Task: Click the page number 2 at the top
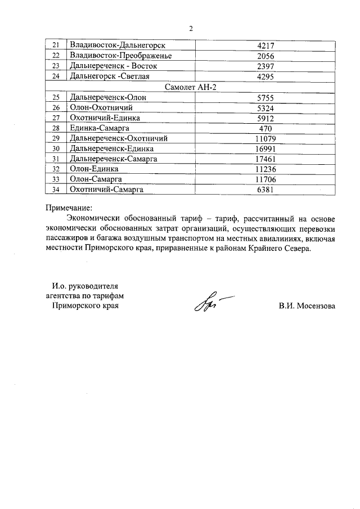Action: pyautogui.click(x=191, y=28)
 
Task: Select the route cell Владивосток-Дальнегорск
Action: pyautogui.click(x=112, y=45)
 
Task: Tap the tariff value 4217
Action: pyautogui.click(x=264, y=45)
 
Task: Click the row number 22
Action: pyautogui.click(x=55, y=55)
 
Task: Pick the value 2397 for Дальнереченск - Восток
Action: pyautogui.click(x=264, y=65)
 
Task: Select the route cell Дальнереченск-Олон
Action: pyautogui.click(x=107, y=97)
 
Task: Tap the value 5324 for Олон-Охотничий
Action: pyautogui.click(x=264, y=107)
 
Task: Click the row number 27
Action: pyautogui.click(x=55, y=118)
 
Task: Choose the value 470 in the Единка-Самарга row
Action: pyautogui.click(x=264, y=128)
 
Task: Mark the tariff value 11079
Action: pyautogui.click(x=264, y=138)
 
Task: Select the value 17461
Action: pyautogui.click(x=264, y=159)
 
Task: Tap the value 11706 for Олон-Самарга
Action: pyautogui.click(x=264, y=179)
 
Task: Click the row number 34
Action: pyautogui.click(x=55, y=190)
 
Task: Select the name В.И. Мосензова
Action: pyautogui.click(x=306, y=307)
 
